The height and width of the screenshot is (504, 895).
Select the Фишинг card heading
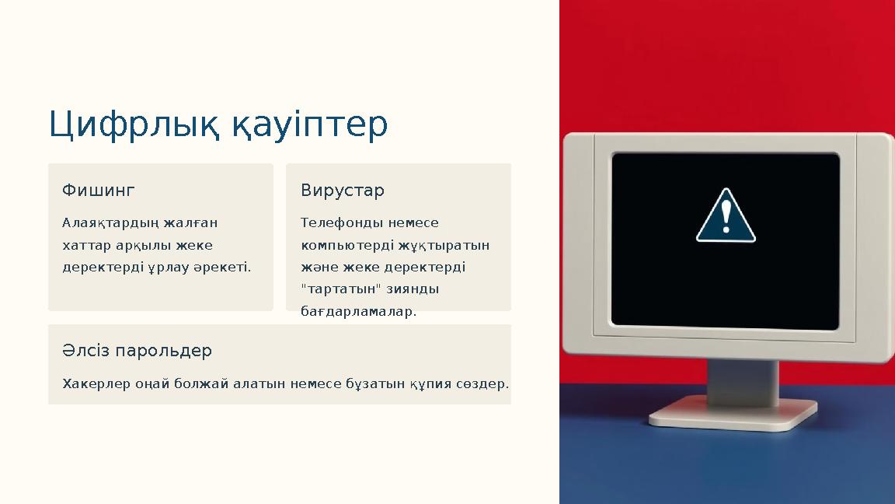98,191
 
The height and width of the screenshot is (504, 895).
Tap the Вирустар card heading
342,191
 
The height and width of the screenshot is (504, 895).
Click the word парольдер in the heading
163,351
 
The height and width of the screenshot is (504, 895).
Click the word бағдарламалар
358,312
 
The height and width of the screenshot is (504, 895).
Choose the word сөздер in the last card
482,383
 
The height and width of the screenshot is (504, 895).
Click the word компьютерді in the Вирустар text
340,245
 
